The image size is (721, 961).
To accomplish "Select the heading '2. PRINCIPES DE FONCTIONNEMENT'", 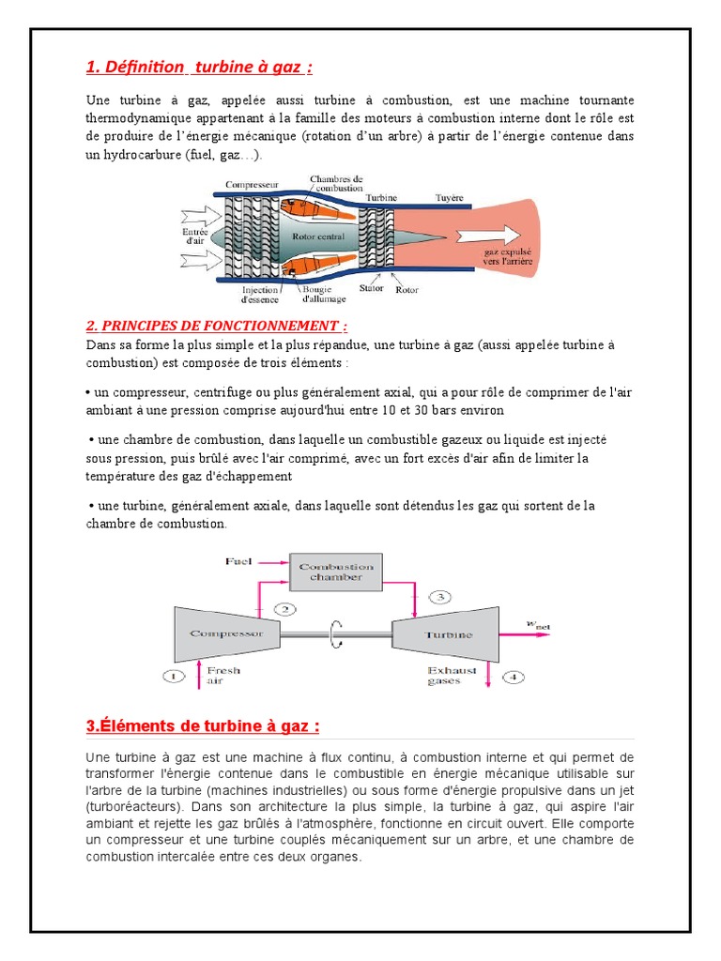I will point(217,326).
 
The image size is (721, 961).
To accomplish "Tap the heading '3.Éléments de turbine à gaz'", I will point(203,726).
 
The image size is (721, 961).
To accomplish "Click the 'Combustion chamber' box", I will point(336,572).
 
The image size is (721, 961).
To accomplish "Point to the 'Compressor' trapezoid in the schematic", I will point(226,633).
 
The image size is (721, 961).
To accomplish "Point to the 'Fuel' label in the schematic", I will point(239,561).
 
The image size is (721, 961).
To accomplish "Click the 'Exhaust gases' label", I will point(453,676).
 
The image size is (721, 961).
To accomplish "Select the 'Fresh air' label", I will point(223,676).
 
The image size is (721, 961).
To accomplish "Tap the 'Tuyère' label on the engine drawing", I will point(450,198).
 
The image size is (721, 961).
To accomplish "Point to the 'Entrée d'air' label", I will point(193,235).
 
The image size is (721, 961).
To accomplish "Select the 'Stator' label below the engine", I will point(372,288).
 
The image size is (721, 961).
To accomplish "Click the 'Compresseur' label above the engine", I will point(253,186).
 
